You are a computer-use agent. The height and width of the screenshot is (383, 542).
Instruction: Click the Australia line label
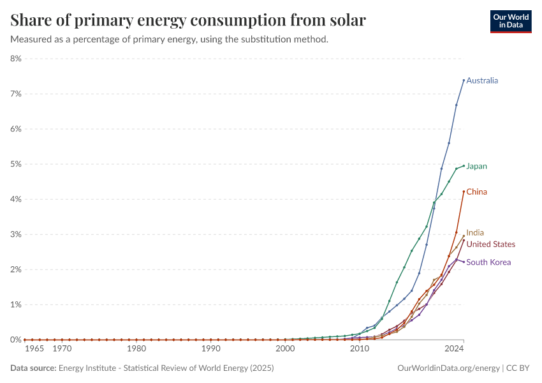pos(482,80)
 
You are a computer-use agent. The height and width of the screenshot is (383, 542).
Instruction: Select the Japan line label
pos(476,167)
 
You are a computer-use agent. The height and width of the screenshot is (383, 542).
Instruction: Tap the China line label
pos(476,191)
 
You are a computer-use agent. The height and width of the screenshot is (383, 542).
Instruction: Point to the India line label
pos(475,232)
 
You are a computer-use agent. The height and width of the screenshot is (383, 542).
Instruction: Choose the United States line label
pos(490,244)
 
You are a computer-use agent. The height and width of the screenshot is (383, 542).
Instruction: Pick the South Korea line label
pos(488,262)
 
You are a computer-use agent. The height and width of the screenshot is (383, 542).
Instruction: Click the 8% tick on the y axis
pos(16,59)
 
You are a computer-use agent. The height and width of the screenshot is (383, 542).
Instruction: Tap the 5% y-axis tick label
pos(16,164)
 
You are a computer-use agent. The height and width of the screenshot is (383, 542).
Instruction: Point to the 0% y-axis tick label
pos(16,340)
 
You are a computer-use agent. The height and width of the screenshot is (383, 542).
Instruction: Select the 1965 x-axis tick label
pos(34,349)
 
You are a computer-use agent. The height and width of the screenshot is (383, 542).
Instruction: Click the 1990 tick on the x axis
pos(211,349)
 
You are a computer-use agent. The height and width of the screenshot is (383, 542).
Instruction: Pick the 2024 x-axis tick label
pos(454,349)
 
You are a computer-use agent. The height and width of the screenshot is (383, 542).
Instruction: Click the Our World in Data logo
pos(511,22)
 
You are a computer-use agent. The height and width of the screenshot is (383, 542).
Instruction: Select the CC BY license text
pos(518,368)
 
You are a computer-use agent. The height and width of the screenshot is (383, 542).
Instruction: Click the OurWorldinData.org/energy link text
pos(448,368)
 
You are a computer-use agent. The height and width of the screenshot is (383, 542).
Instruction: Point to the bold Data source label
pos(33,368)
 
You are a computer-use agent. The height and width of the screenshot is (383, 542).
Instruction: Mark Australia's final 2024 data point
pos(464,80)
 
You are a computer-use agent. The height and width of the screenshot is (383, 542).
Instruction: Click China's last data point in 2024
pos(464,191)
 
